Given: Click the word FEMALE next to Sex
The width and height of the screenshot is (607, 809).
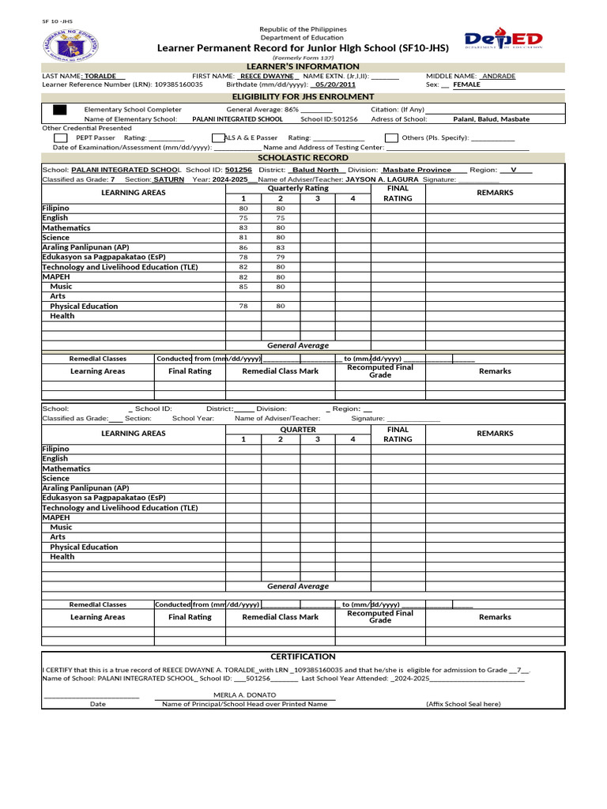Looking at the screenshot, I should (x=466, y=85).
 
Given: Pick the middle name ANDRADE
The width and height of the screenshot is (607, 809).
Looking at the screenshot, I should (x=499, y=76).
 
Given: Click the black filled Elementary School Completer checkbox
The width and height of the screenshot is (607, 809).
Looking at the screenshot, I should (x=60, y=109).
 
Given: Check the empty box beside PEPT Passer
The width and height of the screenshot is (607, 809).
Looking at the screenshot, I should (x=60, y=137).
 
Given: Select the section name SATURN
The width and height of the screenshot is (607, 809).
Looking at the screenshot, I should (x=168, y=179).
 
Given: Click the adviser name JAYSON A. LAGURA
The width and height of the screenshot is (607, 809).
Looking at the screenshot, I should (x=383, y=179).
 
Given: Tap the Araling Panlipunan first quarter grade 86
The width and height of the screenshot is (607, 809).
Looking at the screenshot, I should (x=243, y=247).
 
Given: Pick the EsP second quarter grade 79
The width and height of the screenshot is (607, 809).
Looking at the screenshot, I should (x=280, y=257).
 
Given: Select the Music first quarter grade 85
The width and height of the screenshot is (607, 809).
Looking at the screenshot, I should (x=243, y=286).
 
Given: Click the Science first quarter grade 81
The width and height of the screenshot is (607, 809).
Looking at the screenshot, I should (x=243, y=237).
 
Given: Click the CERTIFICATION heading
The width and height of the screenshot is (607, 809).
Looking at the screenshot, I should (x=303, y=657).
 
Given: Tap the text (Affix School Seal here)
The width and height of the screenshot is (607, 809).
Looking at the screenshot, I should (x=462, y=703).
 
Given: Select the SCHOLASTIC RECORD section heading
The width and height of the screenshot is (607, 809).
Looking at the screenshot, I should (x=303, y=157).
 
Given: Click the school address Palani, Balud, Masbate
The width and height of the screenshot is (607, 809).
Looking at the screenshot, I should (x=491, y=119).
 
